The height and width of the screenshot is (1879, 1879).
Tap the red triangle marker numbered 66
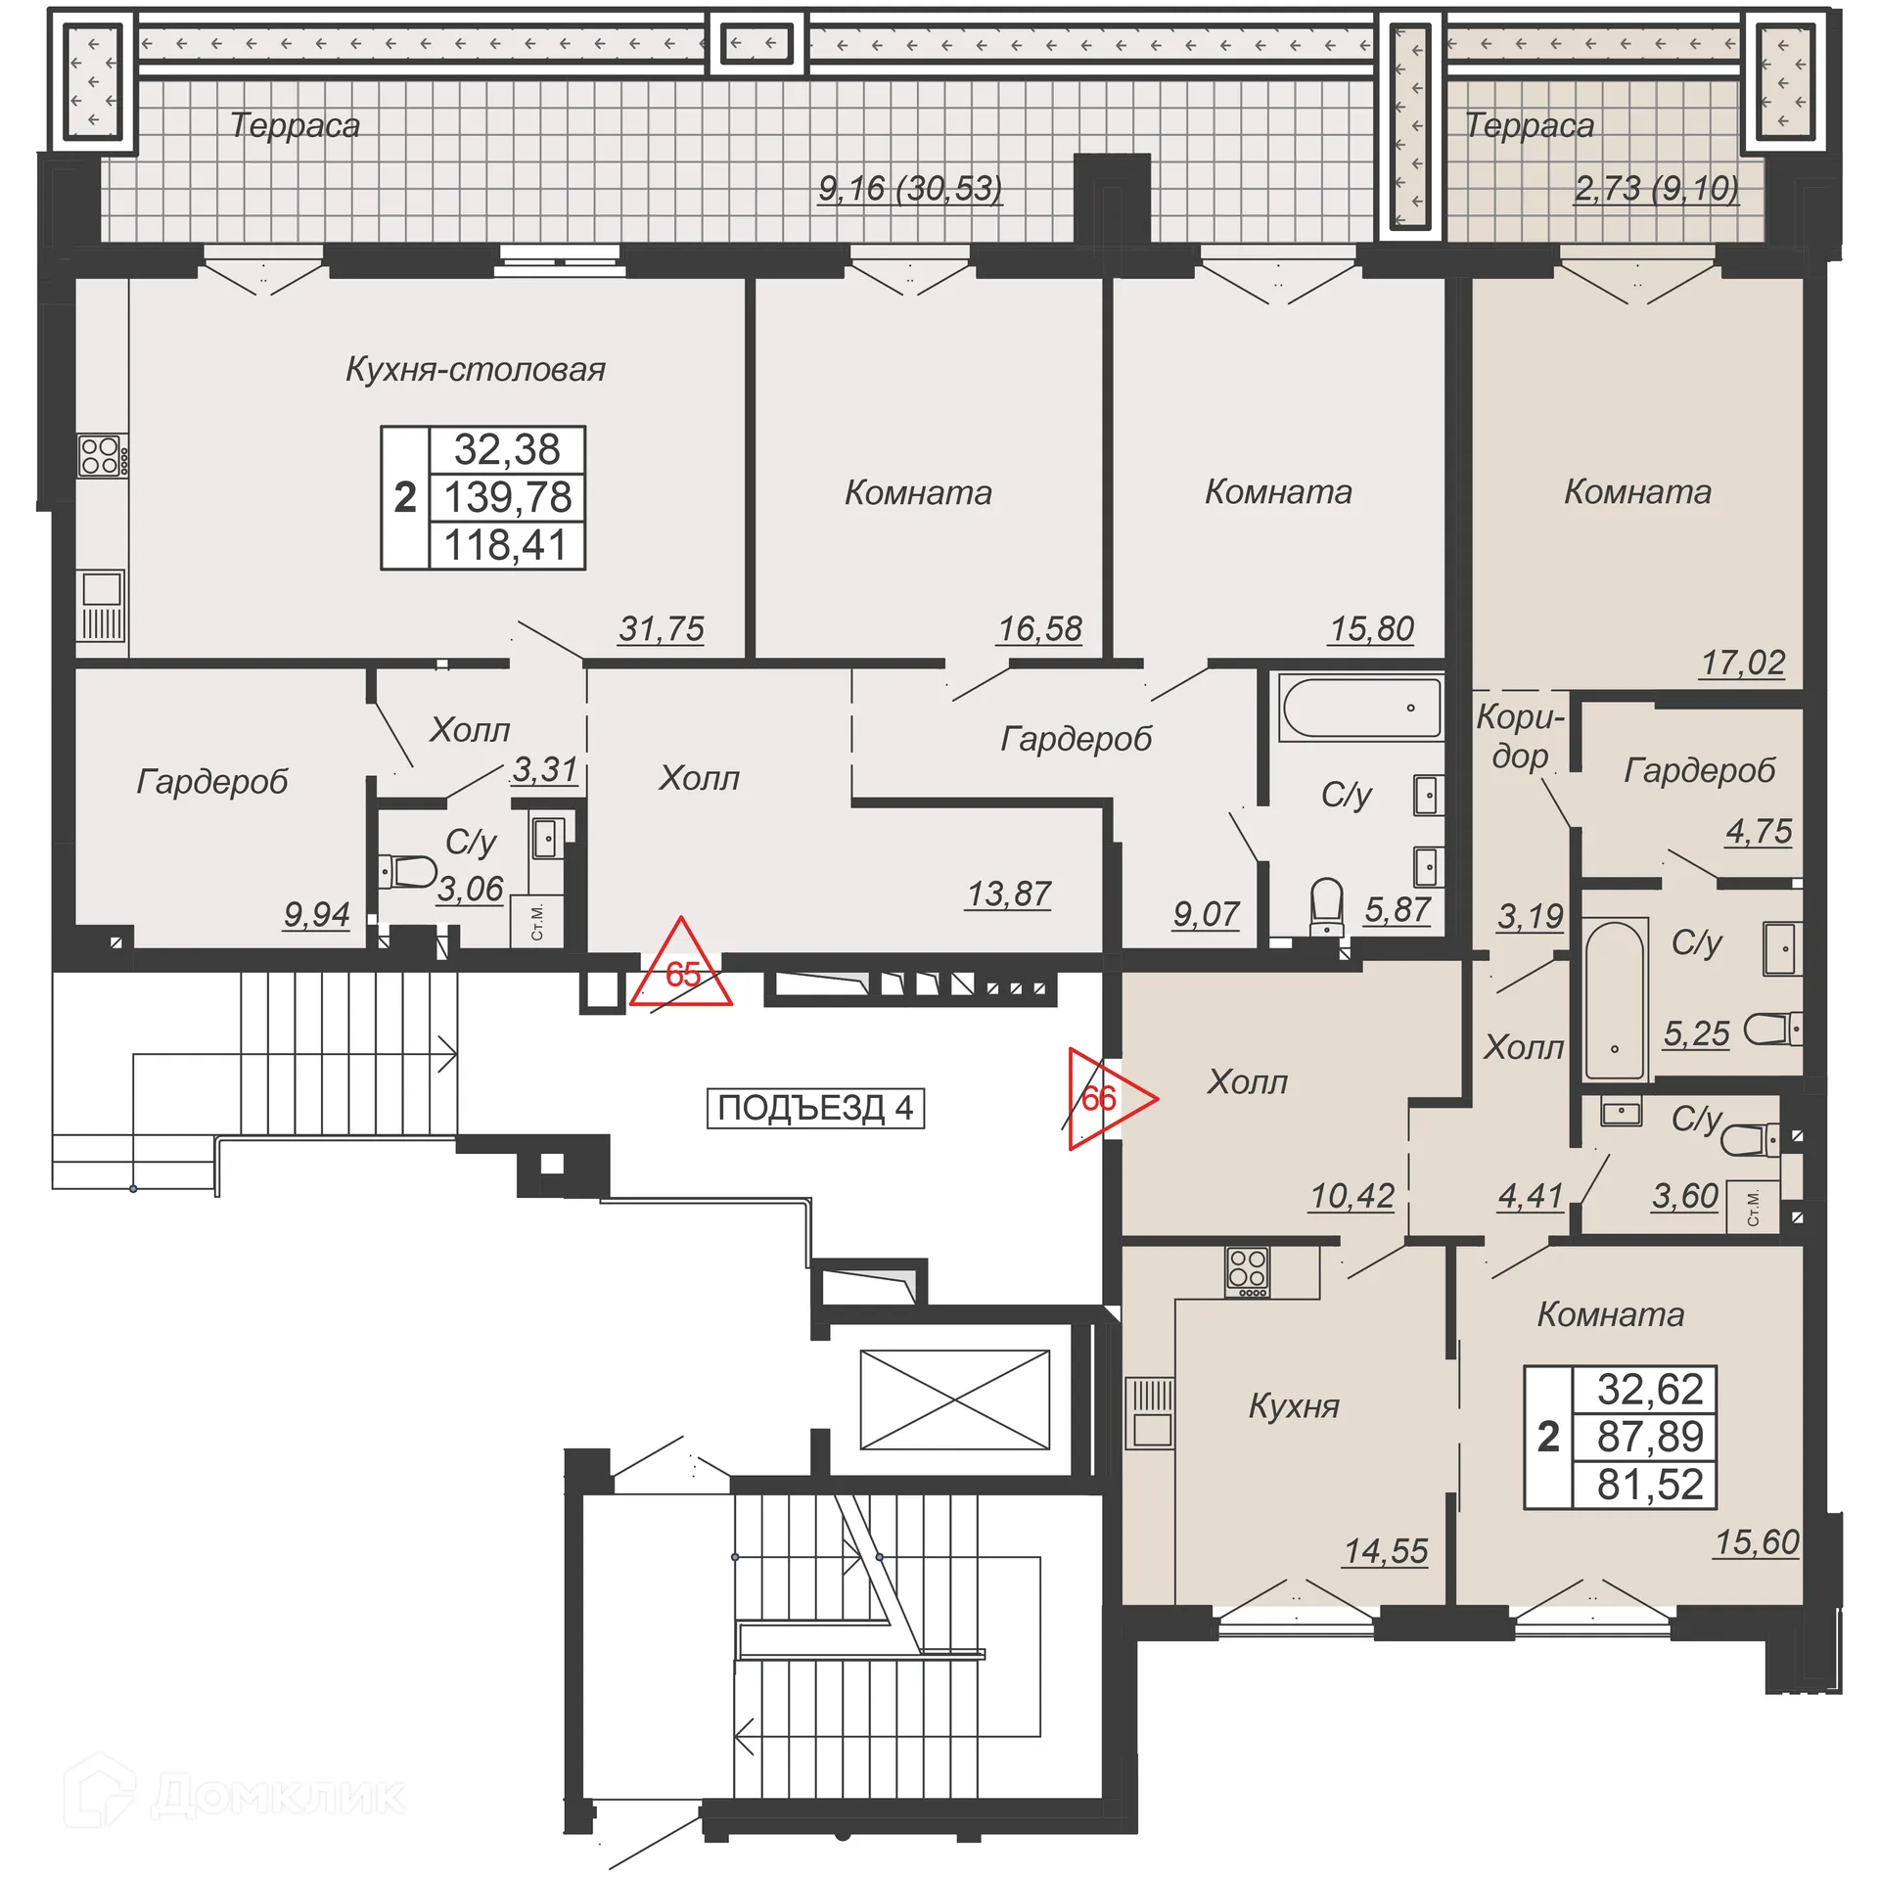coord(1102,1098)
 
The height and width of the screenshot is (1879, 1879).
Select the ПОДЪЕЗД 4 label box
coord(815,1108)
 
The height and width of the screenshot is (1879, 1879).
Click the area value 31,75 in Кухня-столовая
coord(661,629)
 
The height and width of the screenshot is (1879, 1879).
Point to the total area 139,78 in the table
coord(507,497)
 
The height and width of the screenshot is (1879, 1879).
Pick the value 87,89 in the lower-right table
coord(1650,1437)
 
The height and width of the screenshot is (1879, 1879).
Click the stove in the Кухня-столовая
coord(101,456)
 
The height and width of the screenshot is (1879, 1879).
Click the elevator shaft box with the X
coord(954,1399)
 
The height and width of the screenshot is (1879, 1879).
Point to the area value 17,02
coord(1742,663)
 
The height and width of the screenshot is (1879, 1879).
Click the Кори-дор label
coord(1520,736)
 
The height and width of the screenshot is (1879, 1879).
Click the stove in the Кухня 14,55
coord(1248,1270)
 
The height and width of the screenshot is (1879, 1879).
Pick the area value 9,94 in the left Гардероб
coord(316,914)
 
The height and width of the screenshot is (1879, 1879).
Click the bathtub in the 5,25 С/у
coord(1614,999)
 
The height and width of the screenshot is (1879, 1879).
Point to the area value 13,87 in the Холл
coord(1008,894)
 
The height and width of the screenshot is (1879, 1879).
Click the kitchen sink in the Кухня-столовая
coord(102,591)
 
